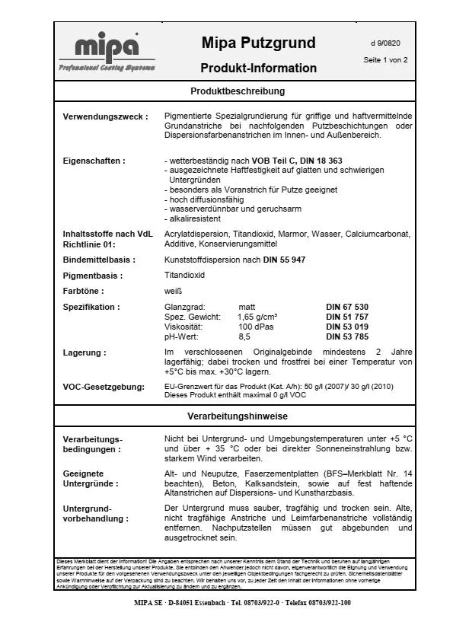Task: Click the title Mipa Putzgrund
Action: click(258, 43)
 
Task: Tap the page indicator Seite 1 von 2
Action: click(385, 59)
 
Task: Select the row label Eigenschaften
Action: click(94, 161)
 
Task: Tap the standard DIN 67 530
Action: click(349, 307)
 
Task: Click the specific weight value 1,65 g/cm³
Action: click(257, 317)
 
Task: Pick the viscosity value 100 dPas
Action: click(256, 326)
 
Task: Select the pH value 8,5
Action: click(244, 336)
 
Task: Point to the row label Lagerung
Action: click(84, 352)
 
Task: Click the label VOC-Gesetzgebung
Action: click(104, 387)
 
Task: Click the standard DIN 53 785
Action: click(349, 336)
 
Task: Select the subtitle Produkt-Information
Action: click(258, 68)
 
